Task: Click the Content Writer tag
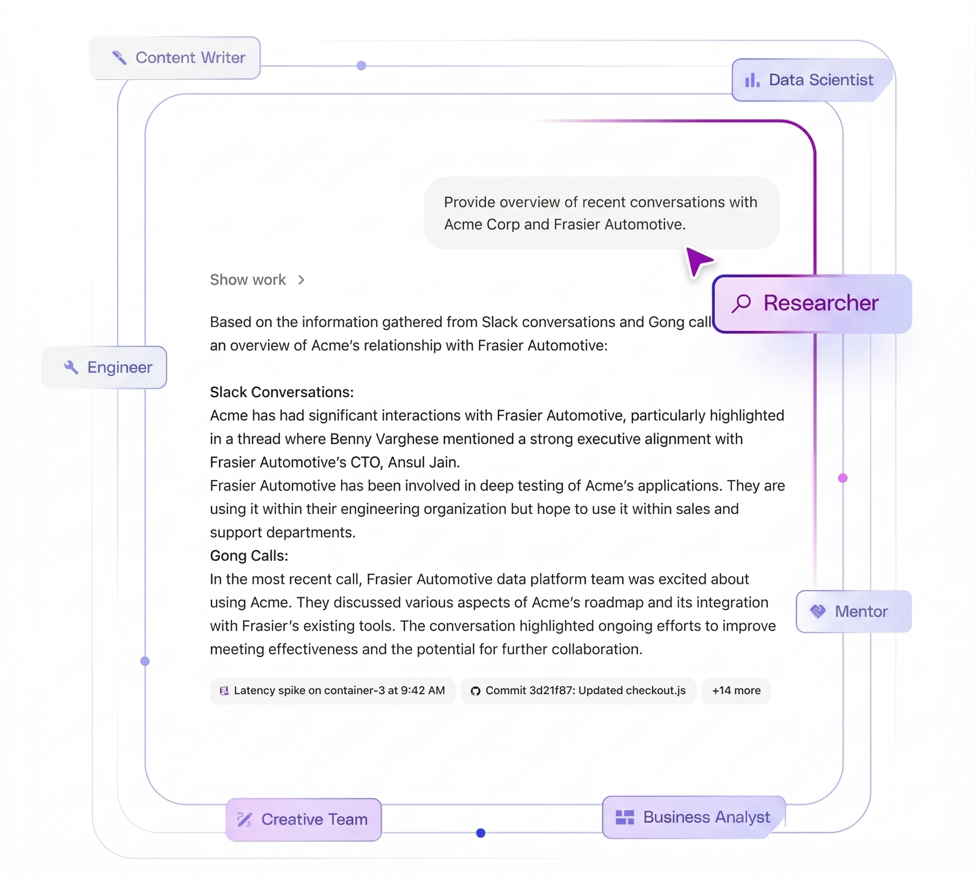coord(175,58)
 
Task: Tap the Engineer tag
coord(104,367)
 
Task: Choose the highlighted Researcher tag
coord(812,304)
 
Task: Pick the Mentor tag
coord(854,611)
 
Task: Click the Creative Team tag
coord(304,820)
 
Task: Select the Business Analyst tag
coord(694,817)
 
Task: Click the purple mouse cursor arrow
coord(698,261)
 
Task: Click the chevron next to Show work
coord(301,280)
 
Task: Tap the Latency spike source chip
coord(332,691)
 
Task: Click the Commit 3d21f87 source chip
coord(578,691)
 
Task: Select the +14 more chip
coord(736,691)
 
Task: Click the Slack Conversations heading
coord(282,392)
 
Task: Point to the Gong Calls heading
coord(249,556)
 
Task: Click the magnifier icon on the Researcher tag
coord(742,304)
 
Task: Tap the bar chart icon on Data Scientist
coord(752,80)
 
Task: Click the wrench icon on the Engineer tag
coord(71,367)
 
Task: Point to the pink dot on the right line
coord(843,478)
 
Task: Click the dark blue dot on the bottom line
coord(480,833)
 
